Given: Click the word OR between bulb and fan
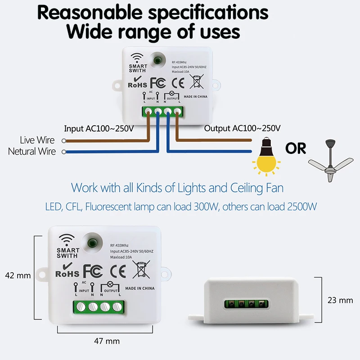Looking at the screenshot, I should pyautogui.click(x=295, y=148).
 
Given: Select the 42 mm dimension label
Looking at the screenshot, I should pyautogui.click(x=17, y=275).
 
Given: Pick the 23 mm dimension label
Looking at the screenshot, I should pyautogui.click(x=340, y=300).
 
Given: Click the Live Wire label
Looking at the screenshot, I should pyautogui.click(x=38, y=140).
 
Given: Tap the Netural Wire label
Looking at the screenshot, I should pyautogui.click(x=32, y=152).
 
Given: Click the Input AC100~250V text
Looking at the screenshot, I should pyautogui.click(x=99, y=128).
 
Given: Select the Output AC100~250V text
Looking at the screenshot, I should pyautogui.click(x=243, y=128).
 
